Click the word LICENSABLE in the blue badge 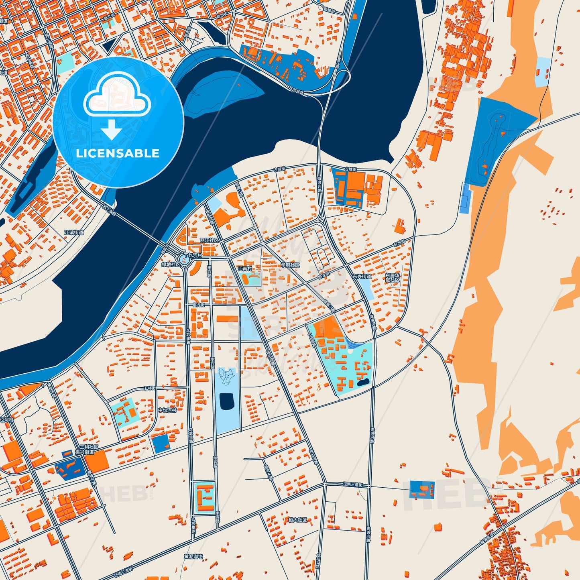click(x=118, y=153)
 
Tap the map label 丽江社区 click(x=210, y=240)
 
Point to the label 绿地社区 click(x=171, y=265)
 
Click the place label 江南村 click(x=244, y=269)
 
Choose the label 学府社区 click(x=290, y=265)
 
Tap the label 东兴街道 click(x=362, y=276)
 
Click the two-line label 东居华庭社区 click(x=392, y=278)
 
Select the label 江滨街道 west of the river click(x=74, y=232)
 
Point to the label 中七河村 click(x=167, y=410)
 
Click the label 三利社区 click(x=89, y=447)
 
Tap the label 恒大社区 click(x=298, y=520)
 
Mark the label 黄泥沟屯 click(x=193, y=557)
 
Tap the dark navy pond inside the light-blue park click(x=227, y=402)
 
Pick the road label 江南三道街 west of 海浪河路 click(x=353, y=485)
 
